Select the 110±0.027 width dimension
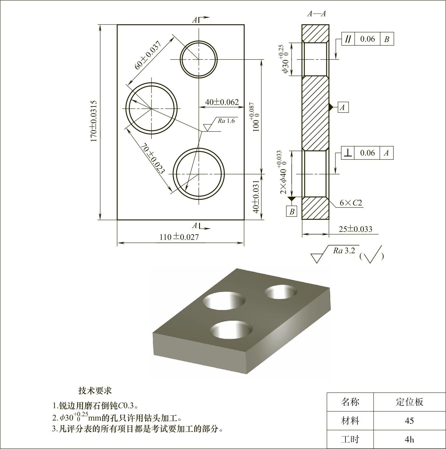coord(179,237)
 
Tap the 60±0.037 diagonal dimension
coord(148,55)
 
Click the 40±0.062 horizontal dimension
coord(222,102)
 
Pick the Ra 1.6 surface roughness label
coord(226,121)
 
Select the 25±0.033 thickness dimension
coord(355,229)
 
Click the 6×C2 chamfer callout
coord(351,203)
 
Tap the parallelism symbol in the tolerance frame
coord(348,39)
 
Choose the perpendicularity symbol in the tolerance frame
coord(348,153)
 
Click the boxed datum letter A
coord(342,107)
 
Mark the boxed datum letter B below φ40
coord(292,211)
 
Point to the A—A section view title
coord(316,14)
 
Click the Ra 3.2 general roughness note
coord(344,251)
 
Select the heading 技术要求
coord(95,391)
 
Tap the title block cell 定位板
coord(409,402)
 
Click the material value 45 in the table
coord(409,421)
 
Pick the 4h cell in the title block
coord(409,439)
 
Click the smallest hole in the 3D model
coord(281,292)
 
